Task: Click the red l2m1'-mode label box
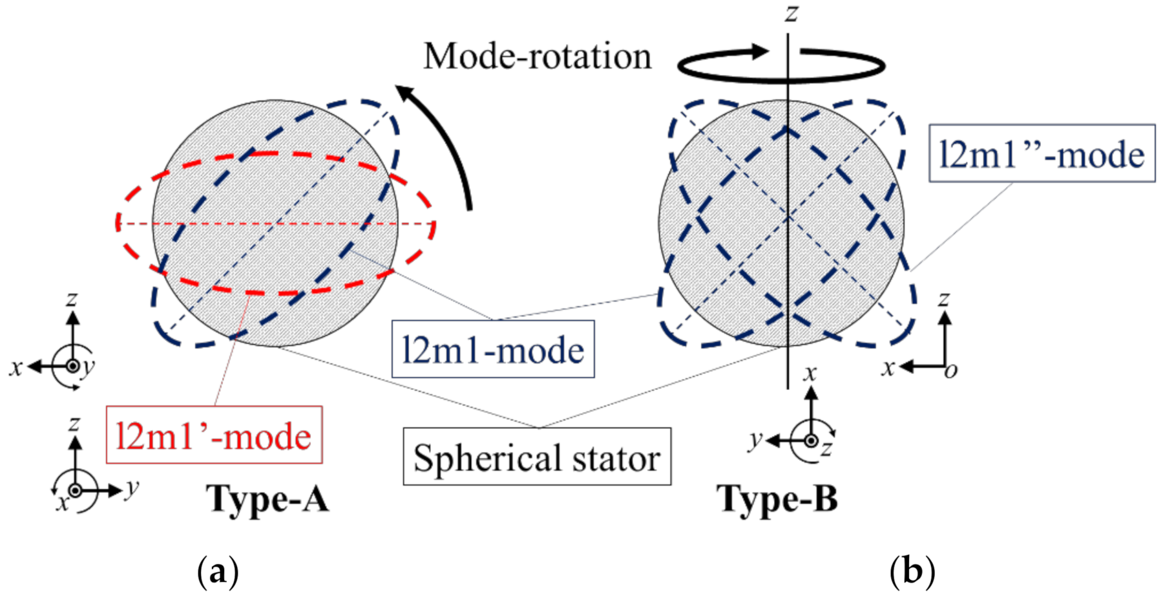coord(214,435)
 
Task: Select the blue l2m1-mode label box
coord(493,349)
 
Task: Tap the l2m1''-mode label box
coord(1042,153)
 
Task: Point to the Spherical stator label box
coord(537,457)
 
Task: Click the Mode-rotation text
coord(537,56)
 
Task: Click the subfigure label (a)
coord(217,572)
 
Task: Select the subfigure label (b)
coord(912,572)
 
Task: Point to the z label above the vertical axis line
coord(791,13)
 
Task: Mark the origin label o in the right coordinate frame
coord(950,370)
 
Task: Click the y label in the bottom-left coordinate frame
coord(132,486)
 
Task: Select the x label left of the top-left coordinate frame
coord(16,367)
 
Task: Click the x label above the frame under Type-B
coord(810,373)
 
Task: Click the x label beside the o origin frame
coord(889,367)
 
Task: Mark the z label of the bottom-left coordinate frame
coord(74,424)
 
